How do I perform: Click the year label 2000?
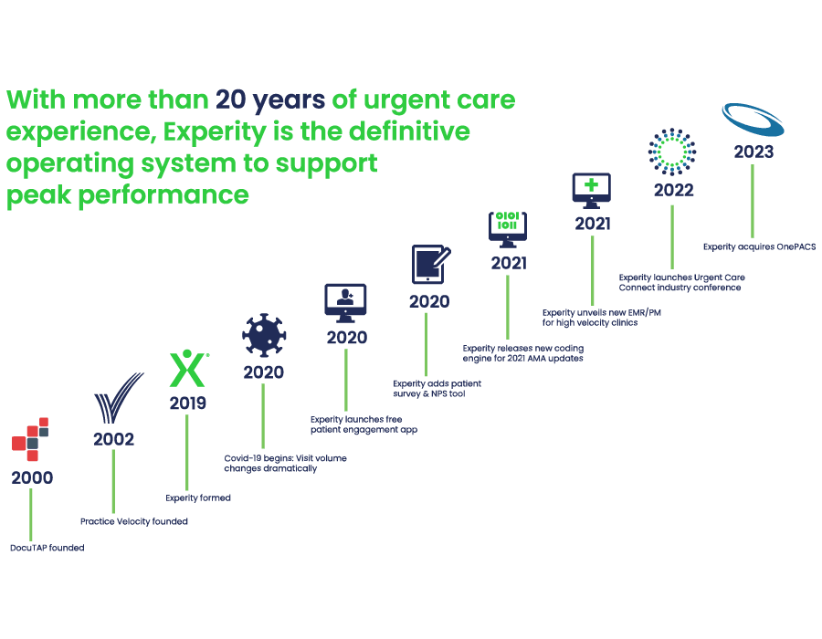32,477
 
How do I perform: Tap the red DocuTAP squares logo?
30,438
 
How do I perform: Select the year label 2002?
113,439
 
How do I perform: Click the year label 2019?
188,403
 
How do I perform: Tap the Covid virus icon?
263,336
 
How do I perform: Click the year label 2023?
753,152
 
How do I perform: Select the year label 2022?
673,191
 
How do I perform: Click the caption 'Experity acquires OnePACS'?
758,246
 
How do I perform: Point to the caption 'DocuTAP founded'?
47,549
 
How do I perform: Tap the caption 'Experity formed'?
198,498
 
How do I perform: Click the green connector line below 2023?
753,201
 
